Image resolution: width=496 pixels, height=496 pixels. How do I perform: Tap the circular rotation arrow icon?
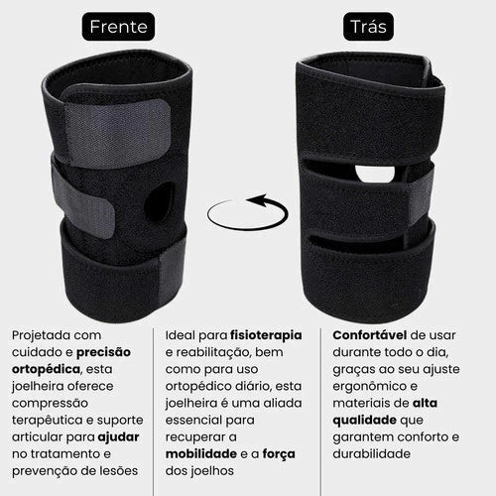tap(247, 212)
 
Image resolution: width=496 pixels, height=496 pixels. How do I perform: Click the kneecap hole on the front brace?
tap(158, 202)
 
